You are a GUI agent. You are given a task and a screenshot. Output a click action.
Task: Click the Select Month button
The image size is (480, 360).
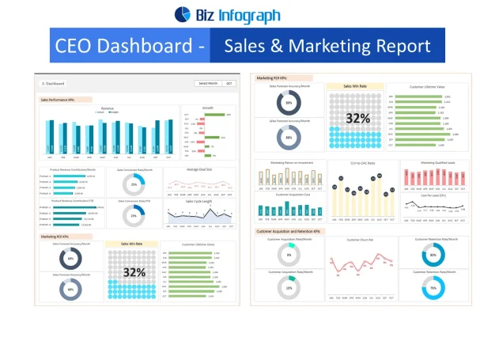point(207,82)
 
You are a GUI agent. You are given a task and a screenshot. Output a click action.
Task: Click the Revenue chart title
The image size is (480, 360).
point(108,107)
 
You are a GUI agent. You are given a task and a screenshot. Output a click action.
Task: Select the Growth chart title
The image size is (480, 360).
point(208,107)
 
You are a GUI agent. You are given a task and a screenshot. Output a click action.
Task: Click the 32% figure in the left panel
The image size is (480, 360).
point(134,273)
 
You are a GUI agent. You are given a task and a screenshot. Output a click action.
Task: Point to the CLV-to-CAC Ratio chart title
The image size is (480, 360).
point(361,163)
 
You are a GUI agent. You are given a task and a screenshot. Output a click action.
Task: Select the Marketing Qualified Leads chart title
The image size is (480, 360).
point(432,163)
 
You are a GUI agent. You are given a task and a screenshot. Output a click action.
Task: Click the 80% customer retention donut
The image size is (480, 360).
point(433,256)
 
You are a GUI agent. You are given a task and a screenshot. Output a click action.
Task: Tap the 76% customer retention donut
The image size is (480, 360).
point(433,287)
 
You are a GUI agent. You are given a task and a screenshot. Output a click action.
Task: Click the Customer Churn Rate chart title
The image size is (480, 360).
point(360,238)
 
